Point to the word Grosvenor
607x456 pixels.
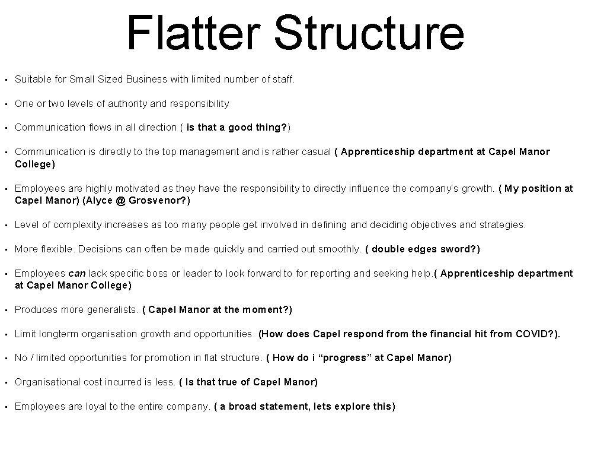coord(157,200)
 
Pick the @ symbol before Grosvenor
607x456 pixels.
coord(121,200)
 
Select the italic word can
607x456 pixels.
coord(77,273)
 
